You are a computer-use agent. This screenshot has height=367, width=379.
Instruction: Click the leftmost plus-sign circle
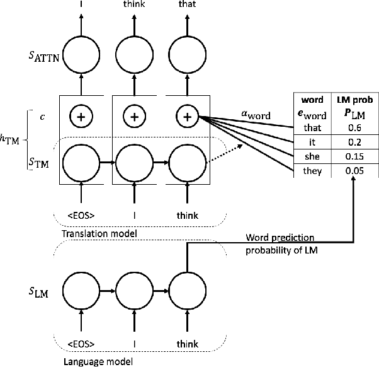click(x=81, y=117)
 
